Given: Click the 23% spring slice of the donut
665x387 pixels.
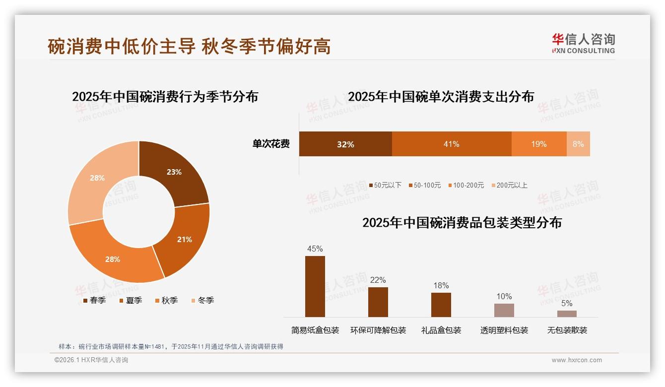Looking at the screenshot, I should click(x=174, y=172).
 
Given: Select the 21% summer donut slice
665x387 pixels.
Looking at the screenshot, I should click(x=184, y=239).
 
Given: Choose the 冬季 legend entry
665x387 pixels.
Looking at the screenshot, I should click(x=202, y=300).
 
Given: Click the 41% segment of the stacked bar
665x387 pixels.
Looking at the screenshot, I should click(x=451, y=144).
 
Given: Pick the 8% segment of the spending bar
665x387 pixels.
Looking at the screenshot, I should click(x=578, y=144).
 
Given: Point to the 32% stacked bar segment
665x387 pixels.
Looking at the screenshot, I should click(x=345, y=144).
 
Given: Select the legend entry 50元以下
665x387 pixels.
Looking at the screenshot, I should click(x=385, y=185).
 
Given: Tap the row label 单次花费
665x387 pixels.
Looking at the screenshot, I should click(x=271, y=144).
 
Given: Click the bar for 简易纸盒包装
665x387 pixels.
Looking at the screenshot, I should click(x=315, y=286).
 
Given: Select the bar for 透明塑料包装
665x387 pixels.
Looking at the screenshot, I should click(x=504, y=310).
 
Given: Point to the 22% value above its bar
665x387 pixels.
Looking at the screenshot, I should click(x=378, y=280).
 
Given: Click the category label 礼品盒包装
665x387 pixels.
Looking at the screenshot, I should click(x=441, y=330).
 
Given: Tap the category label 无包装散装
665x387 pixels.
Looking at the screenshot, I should click(x=567, y=330).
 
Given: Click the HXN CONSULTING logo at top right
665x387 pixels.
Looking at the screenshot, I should click(x=583, y=44).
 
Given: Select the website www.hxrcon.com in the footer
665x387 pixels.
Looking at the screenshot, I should click(x=577, y=360).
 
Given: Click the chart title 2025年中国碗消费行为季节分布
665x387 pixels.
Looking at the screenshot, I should click(x=165, y=96).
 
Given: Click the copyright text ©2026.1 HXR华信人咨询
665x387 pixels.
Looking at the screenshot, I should click(x=91, y=360).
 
